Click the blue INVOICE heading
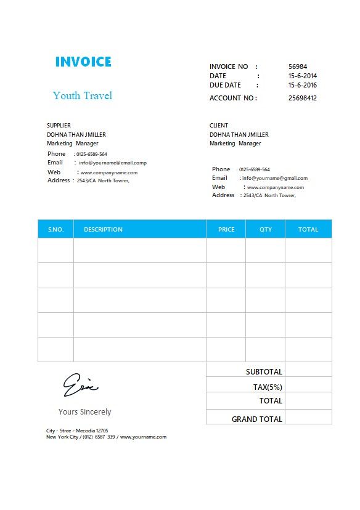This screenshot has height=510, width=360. click(x=83, y=62)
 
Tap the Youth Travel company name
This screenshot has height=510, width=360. click(x=83, y=95)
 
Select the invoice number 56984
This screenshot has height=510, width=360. click(x=298, y=67)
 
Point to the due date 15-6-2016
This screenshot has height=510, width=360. click(x=302, y=86)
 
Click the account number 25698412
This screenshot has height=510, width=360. click(x=302, y=98)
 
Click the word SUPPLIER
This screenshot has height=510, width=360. click(x=59, y=126)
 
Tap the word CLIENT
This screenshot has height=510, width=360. click(x=219, y=126)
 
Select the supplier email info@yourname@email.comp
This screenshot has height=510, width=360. click(x=112, y=163)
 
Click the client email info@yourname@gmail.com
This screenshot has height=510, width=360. click(x=274, y=178)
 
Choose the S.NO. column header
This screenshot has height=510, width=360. click(x=55, y=229)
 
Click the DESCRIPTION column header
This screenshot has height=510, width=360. click(x=103, y=229)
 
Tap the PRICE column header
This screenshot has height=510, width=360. click(x=226, y=229)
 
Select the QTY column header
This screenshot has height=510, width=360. click(x=265, y=229)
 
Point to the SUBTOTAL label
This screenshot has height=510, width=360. click(x=264, y=372)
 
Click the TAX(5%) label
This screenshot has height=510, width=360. click(x=268, y=387)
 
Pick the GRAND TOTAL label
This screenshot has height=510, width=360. click(x=256, y=419)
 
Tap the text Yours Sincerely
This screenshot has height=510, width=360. click(x=84, y=411)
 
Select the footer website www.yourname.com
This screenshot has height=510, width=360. click(x=143, y=437)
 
